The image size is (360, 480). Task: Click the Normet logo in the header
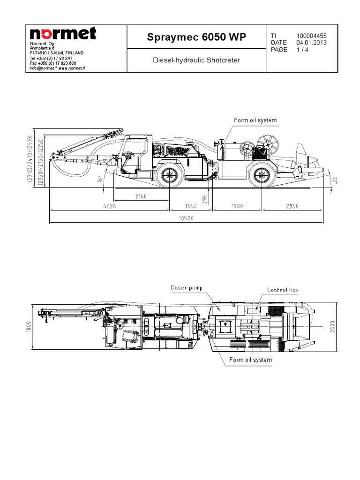pos(63,34)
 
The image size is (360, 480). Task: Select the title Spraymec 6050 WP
pos(196,37)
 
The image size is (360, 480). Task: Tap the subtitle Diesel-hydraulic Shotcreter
pos(196,60)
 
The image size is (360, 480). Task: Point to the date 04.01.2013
pos(312,43)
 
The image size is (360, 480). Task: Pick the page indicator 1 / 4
pos(303,50)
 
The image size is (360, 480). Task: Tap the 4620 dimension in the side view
pos(109,205)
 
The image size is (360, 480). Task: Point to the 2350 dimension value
pos(290,205)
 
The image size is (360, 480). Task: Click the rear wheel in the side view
pos(261,177)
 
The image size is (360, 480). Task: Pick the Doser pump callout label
pos(187,287)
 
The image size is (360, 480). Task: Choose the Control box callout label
pos(283,290)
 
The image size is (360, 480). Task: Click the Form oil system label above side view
pos(255,120)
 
